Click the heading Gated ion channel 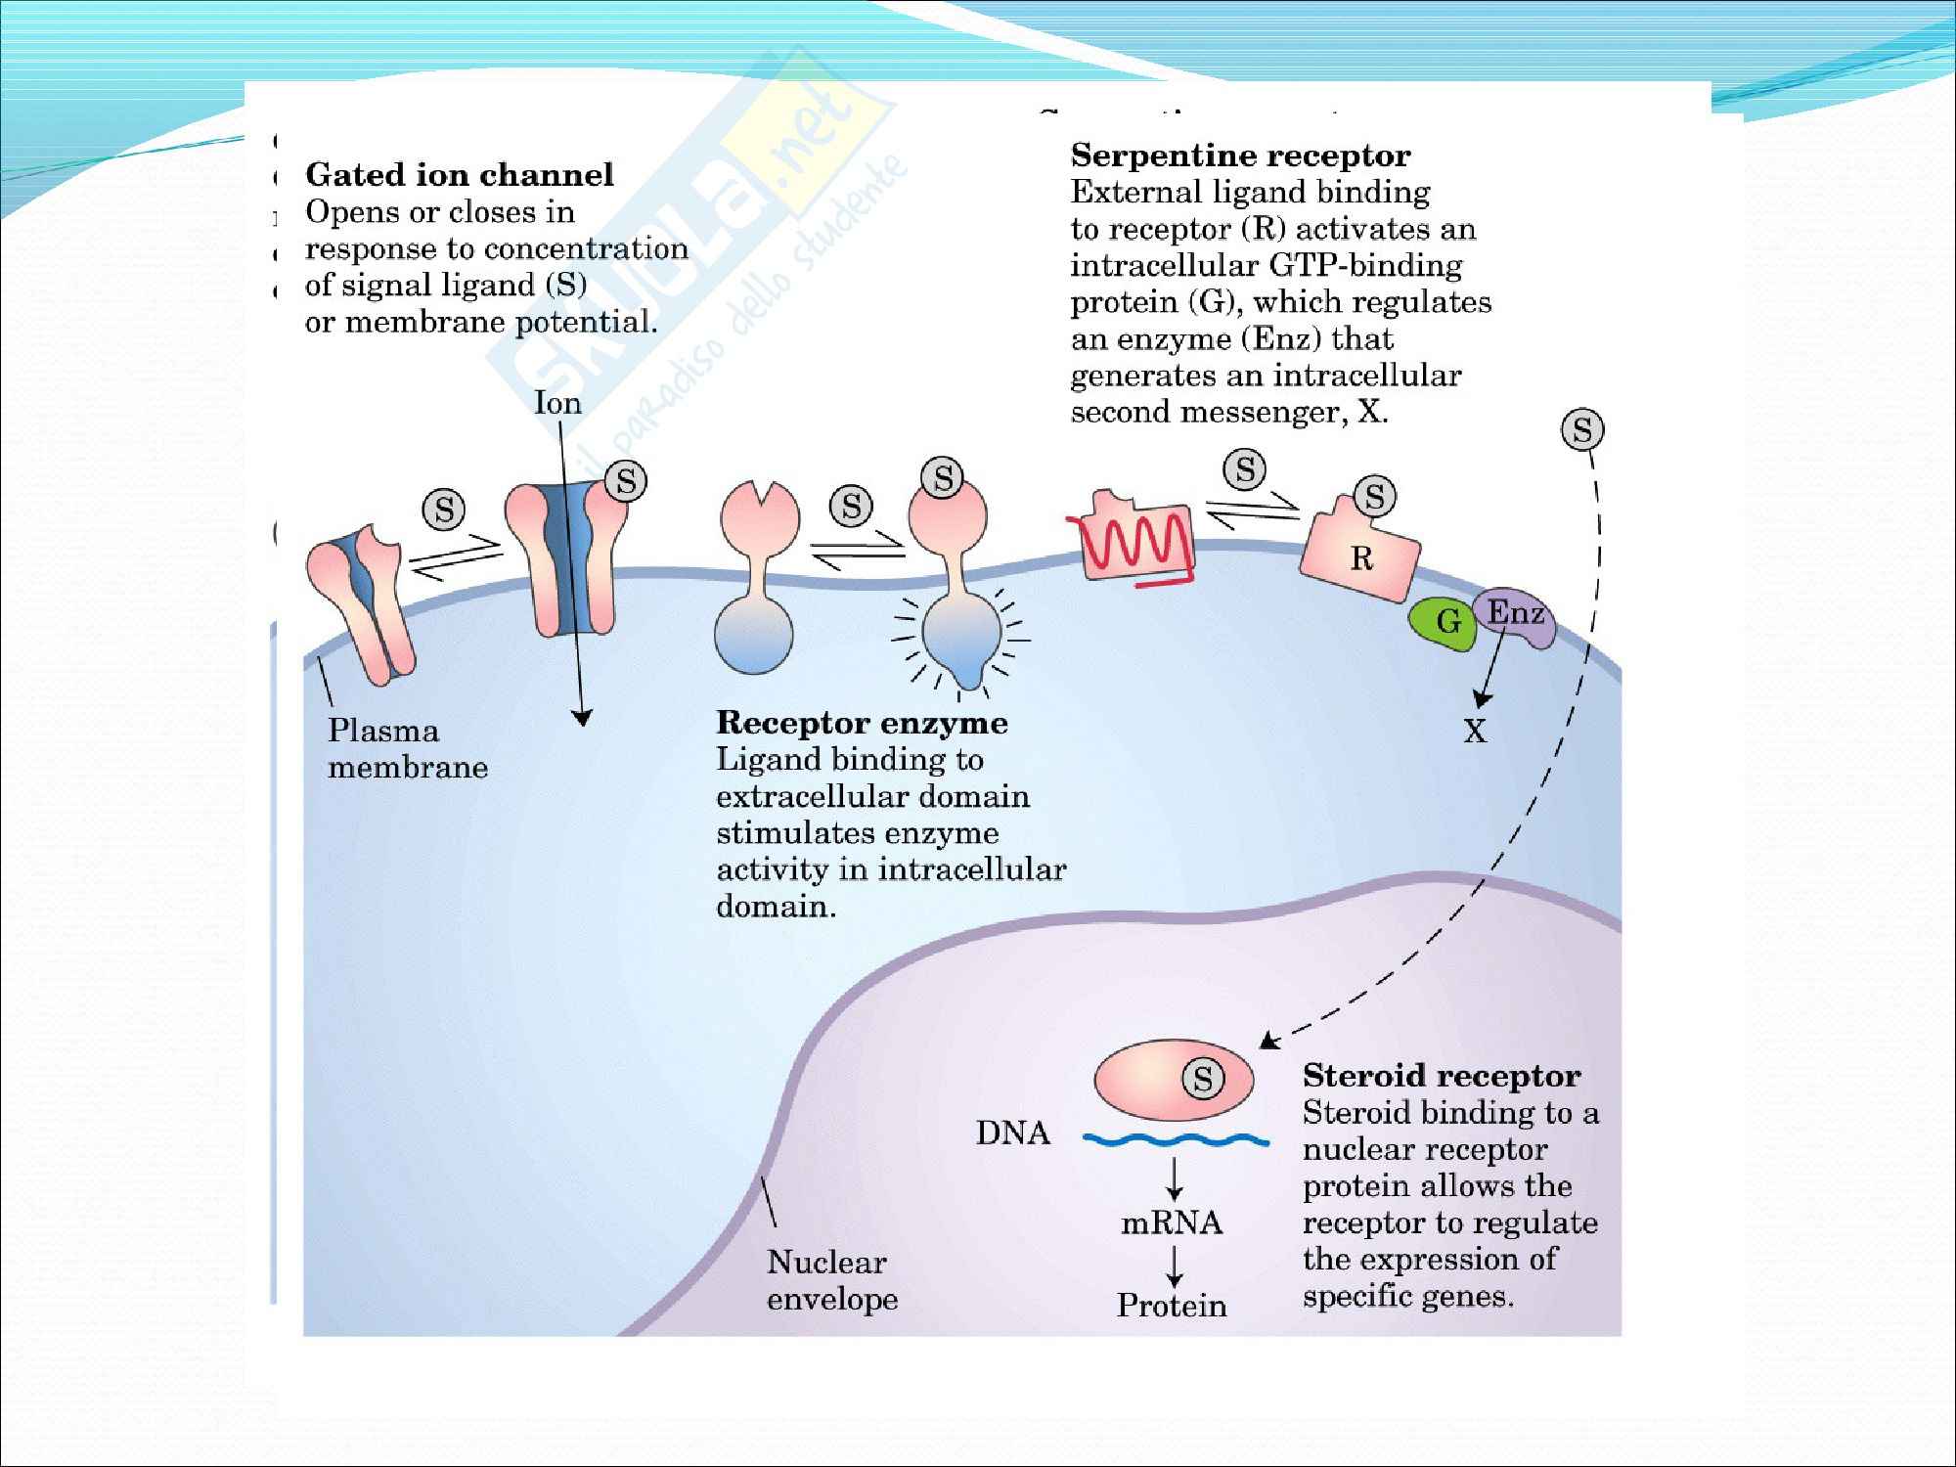pos(460,175)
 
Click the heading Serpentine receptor pos(1240,156)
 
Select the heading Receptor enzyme pos(862,723)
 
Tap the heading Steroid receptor pos(1442,1076)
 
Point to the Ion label pos(557,403)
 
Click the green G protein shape pos(1442,621)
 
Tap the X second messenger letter pos(1475,731)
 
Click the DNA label pos(1012,1133)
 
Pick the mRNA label pos(1172,1222)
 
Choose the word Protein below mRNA pos(1172,1306)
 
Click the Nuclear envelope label pos(831,1280)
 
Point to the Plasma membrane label pos(407,748)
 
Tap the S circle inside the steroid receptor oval pos(1203,1079)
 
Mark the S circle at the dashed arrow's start pos(1582,429)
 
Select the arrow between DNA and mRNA pos(1175,1178)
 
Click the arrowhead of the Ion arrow pos(582,718)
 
